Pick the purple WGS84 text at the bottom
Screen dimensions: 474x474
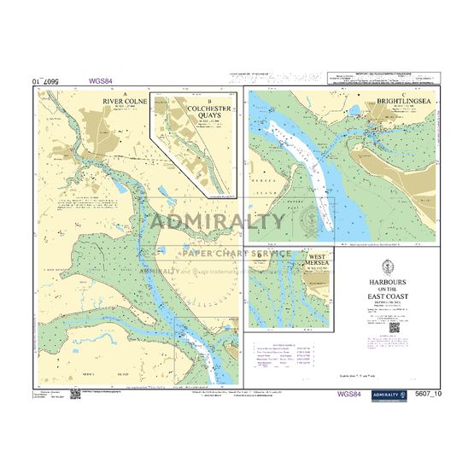(x=349, y=394)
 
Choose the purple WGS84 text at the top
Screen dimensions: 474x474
(x=101, y=81)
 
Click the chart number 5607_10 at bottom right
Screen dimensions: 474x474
(x=424, y=394)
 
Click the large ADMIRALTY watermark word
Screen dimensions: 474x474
(x=218, y=223)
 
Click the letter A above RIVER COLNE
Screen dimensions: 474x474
(x=125, y=93)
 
